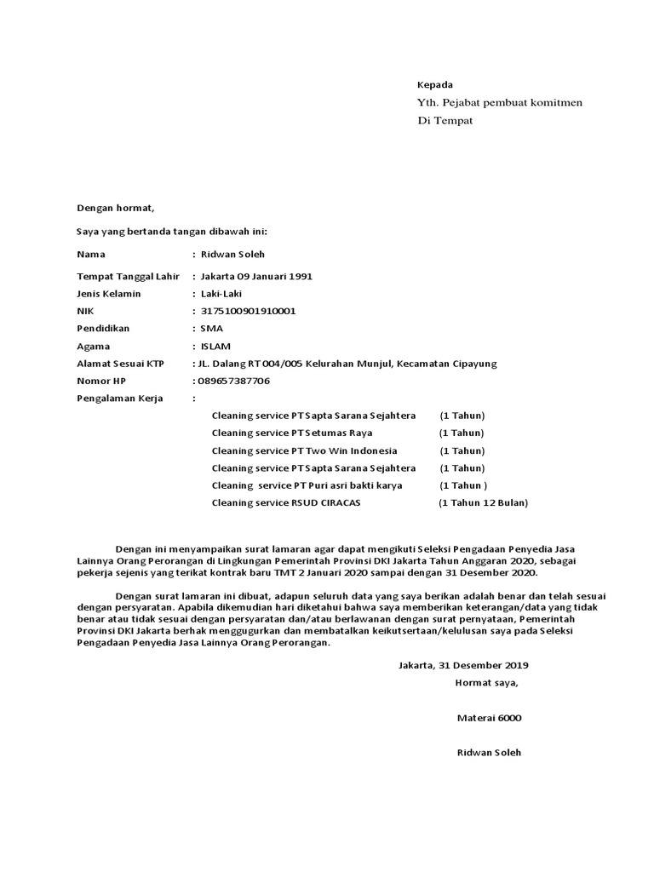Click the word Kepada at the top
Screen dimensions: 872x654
pyautogui.click(x=434, y=85)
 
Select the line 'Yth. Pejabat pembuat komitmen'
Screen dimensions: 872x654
pyautogui.click(x=499, y=103)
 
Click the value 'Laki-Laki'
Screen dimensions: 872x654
pyautogui.click(x=221, y=294)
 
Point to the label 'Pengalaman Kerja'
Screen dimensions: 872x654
pyautogui.click(x=119, y=398)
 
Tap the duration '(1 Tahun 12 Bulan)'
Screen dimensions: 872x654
pyautogui.click(x=483, y=503)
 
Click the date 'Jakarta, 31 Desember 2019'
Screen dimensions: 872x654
pyautogui.click(x=463, y=665)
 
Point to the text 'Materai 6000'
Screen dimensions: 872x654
pyautogui.click(x=489, y=718)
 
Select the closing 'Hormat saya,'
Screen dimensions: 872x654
pyautogui.click(x=486, y=683)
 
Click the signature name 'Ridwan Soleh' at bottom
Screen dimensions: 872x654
pyautogui.click(x=489, y=753)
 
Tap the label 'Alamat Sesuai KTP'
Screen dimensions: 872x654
pyautogui.click(x=120, y=364)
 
